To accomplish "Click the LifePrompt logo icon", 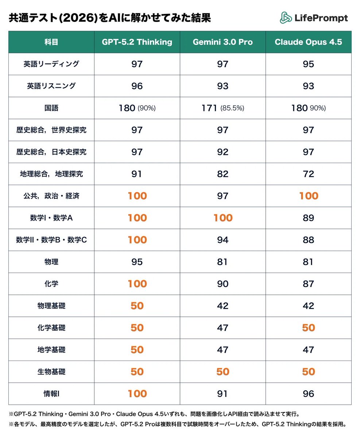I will tap(286, 18).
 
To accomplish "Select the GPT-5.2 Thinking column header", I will tap(137, 42).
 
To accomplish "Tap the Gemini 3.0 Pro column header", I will tap(222, 42).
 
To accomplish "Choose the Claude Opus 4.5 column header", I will tap(308, 42).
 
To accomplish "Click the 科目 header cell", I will tap(51, 42).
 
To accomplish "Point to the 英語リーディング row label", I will tap(51, 64).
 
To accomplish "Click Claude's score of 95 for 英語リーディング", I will tap(308, 64).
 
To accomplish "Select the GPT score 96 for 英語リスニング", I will tap(137, 86).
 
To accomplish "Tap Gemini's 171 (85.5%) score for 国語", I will tap(222, 108).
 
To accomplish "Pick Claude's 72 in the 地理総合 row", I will tap(308, 174).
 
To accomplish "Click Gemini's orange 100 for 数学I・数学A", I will tap(222, 218).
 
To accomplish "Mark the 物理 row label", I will tap(51, 262).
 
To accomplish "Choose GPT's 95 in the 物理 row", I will tap(137, 262).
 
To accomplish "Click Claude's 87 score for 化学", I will tap(308, 284).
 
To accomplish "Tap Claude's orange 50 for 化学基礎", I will tap(308, 328).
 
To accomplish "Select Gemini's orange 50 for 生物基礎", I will tap(222, 372).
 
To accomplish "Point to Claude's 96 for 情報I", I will tap(308, 394).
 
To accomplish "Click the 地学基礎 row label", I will tap(51, 350).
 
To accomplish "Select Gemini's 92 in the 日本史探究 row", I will tap(222, 152).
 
